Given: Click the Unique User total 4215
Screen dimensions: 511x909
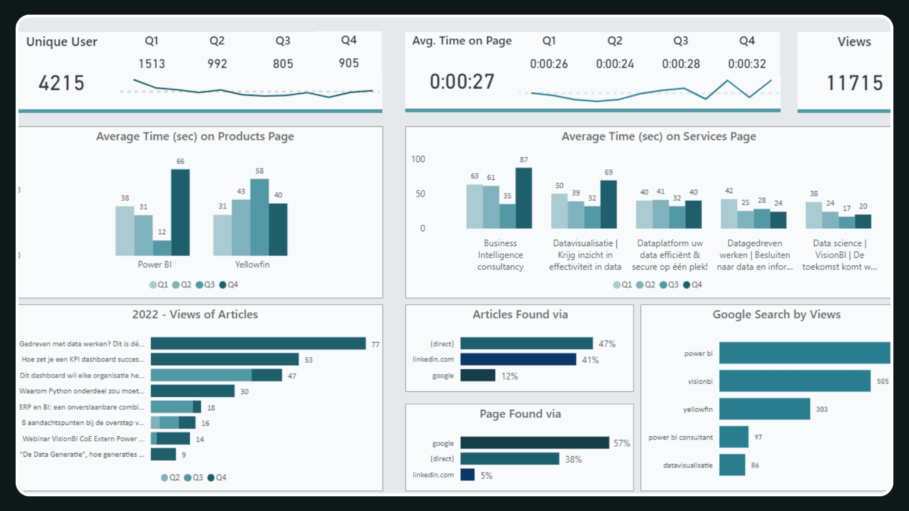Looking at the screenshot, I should click(61, 83).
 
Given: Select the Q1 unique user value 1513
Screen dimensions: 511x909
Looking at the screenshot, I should click(151, 63).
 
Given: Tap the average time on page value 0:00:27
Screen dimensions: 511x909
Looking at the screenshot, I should click(462, 82).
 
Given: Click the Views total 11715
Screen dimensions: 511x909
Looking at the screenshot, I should click(854, 83).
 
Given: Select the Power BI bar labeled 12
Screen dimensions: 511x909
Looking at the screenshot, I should click(162, 248).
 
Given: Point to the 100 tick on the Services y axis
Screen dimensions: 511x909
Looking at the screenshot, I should click(418, 159).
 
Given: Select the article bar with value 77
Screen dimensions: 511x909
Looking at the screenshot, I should click(258, 344).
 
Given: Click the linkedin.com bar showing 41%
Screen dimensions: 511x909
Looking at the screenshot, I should click(518, 360).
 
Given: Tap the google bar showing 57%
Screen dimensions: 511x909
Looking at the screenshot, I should click(535, 443).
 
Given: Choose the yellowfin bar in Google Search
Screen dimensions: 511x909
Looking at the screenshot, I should click(764, 409).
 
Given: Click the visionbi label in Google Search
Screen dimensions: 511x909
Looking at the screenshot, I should click(700, 381).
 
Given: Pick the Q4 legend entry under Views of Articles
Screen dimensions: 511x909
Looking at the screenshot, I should click(217, 478).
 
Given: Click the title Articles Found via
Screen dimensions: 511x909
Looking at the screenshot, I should click(520, 315).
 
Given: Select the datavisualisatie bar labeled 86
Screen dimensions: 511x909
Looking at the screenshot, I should click(732, 465).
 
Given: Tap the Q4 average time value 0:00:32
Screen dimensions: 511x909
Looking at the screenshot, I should click(747, 64).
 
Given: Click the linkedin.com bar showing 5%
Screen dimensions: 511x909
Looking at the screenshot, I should click(467, 475).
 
